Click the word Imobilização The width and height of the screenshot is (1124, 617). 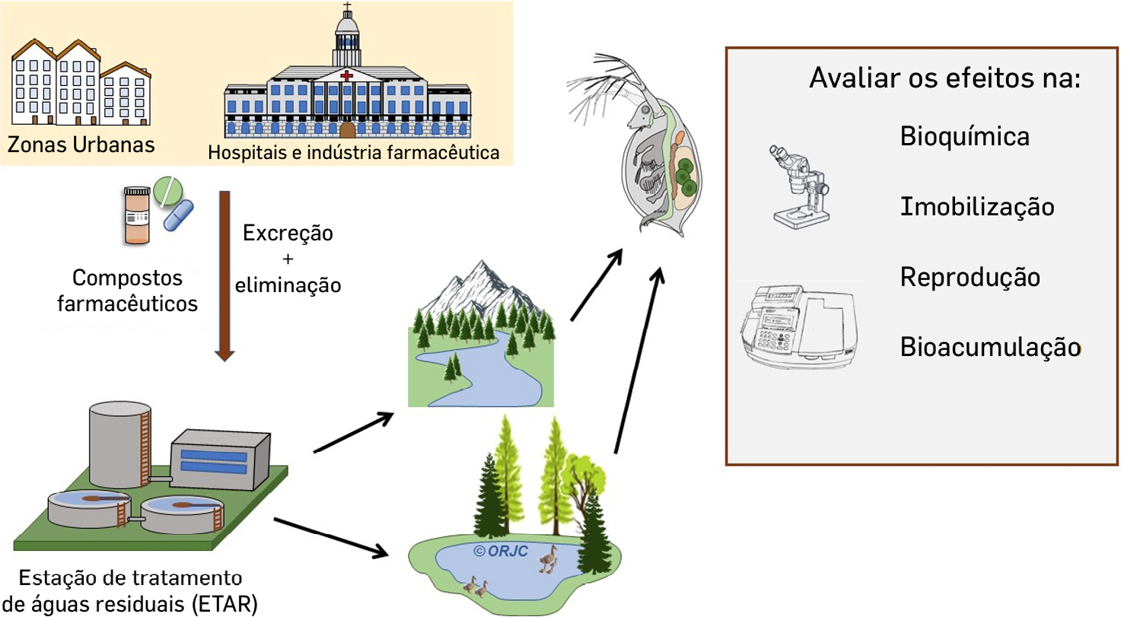pos(977,206)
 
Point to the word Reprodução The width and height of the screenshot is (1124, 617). pos(970,277)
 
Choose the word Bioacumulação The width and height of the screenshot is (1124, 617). pos(989,347)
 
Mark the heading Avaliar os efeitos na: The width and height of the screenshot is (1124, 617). pos(944,78)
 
